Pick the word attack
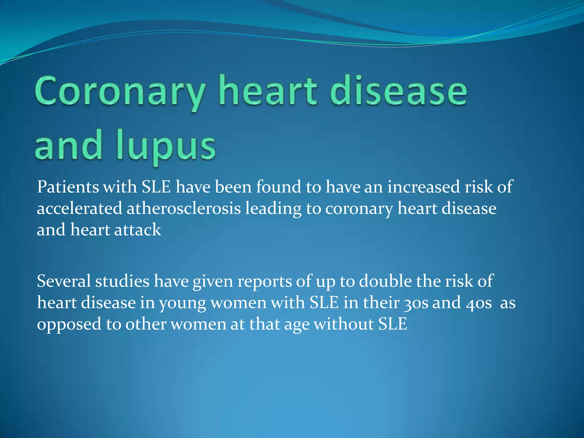138,230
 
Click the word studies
122,281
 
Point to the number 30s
416,303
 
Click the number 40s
479,303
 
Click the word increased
423,187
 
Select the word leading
273,209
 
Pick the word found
279,187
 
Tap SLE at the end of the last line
393,324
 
